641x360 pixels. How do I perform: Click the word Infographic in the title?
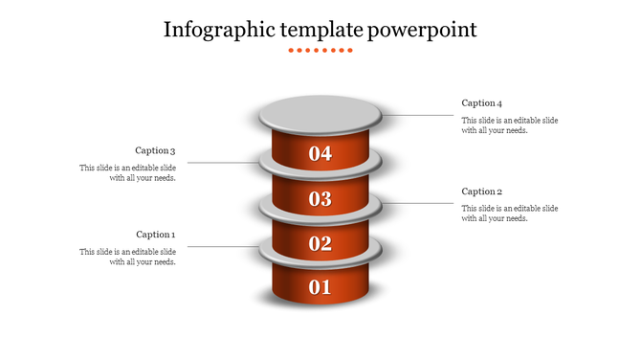tap(219, 30)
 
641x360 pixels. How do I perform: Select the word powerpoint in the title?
tap(422, 30)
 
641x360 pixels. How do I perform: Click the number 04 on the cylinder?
tap(320, 153)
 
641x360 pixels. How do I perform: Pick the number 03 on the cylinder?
tap(320, 199)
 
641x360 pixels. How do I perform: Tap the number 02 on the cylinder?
tap(320, 243)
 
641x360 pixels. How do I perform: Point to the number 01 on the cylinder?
tap(320, 286)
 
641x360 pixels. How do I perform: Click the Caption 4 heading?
tap(481, 102)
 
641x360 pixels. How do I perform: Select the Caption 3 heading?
tap(155, 150)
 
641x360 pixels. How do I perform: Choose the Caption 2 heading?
tap(481, 191)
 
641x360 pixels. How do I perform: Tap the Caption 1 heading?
tap(155, 235)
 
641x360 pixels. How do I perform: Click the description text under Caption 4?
tap(509, 125)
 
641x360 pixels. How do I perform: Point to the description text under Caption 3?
tap(127, 173)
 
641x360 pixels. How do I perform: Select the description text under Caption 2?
tap(509, 214)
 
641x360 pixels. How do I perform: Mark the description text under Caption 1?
tap(127, 257)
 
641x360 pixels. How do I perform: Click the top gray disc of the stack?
tap(320, 115)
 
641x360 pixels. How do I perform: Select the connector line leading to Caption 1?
tap(220, 247)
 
